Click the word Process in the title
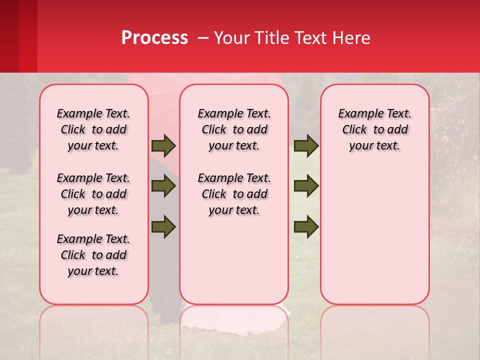(154, 38)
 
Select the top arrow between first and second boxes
(163, 146)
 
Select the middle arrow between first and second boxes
(163, 186)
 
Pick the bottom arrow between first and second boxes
(163, 226)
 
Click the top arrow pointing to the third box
(306, 146)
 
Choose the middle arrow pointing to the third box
(306, 186)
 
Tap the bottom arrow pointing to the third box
(306, 226)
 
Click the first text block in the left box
(93, 129)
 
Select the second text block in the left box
(93, 194)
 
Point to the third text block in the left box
(93, 255)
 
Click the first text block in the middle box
(234, 129)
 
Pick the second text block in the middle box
(234, 194)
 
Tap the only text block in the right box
(374, 129)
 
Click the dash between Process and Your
(203, 38)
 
